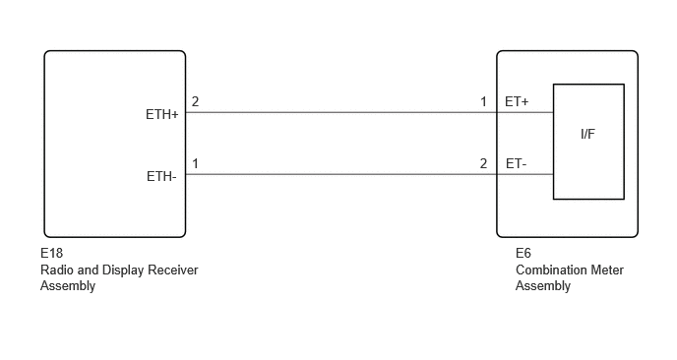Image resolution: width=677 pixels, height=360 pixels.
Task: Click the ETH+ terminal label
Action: click(162, 114)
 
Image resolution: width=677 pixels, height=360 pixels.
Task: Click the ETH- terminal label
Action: click(161, 176)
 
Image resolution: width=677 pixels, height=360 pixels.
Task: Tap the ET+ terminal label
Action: click(517, 101)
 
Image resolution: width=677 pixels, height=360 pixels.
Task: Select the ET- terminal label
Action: click(516, 163)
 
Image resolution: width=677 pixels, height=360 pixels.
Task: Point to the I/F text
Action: click(587, 134)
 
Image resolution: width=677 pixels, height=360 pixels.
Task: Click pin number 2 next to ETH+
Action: click(195, 101)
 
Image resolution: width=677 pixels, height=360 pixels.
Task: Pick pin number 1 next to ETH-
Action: click(195, 163)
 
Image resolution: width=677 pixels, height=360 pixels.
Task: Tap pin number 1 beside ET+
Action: click(483, 101)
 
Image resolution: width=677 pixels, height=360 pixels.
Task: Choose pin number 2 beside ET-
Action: click(483, 163)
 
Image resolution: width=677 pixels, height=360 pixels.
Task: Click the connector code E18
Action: click(52, 253)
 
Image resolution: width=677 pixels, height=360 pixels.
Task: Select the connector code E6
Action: click(523, 253)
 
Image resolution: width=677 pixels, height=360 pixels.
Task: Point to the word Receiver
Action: click(173, 270)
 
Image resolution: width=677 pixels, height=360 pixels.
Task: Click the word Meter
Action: click(608, 270)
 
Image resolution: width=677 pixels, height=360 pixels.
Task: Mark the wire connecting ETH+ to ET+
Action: click(341, 112)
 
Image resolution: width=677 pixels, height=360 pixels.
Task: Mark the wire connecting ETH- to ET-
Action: click(341, 174)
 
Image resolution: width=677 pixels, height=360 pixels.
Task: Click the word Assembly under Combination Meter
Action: click(543, 286)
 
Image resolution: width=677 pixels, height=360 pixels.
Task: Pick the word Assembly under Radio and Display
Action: click(68, 286)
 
